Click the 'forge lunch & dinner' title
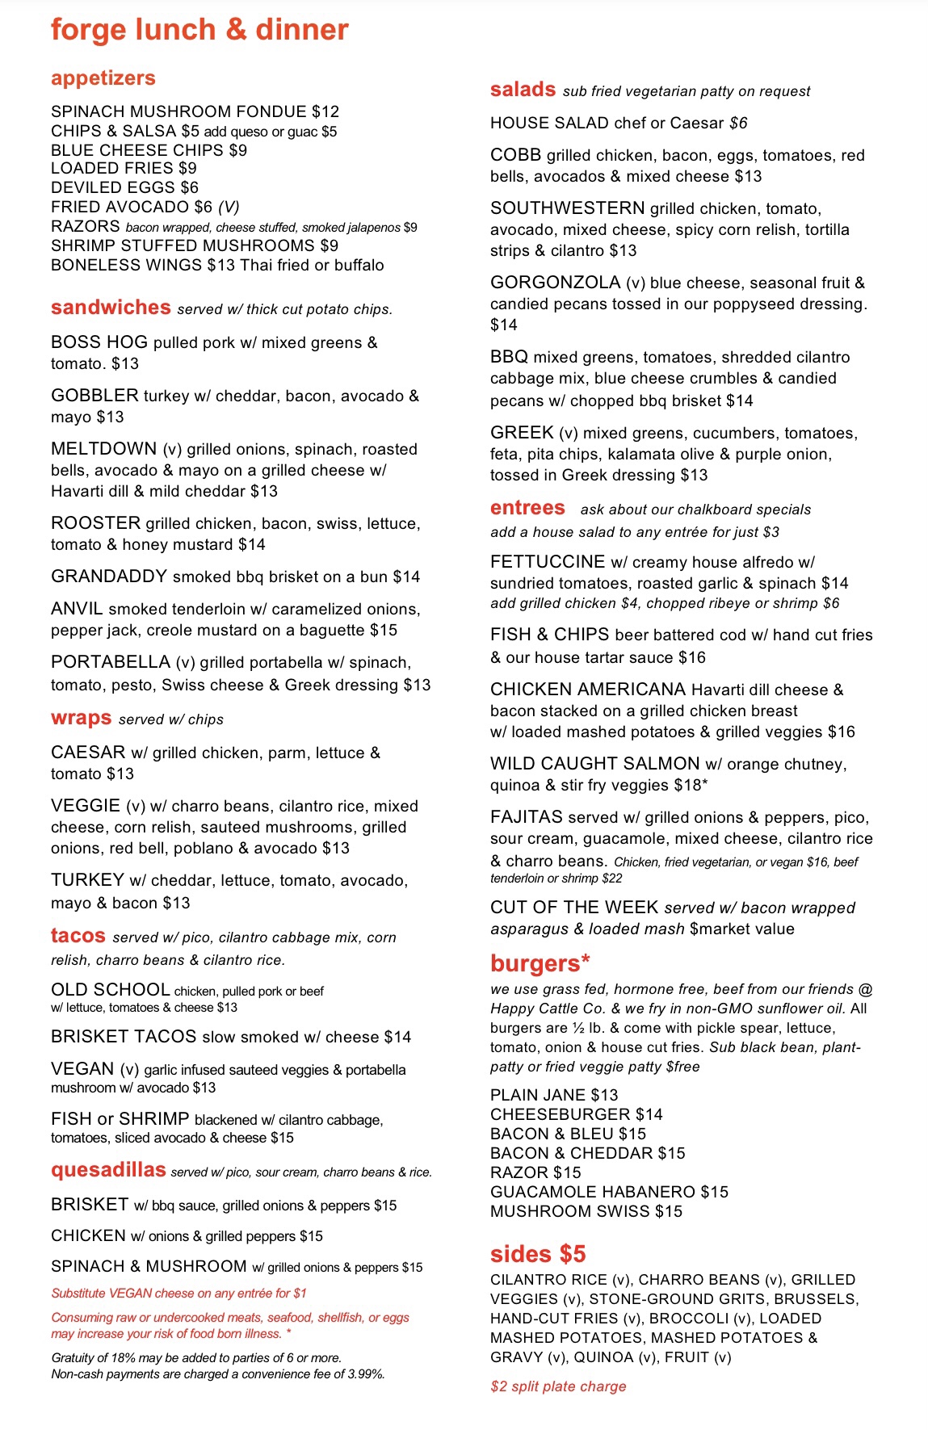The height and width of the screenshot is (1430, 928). coord(199,30)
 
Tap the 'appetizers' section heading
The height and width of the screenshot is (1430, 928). coord(103,78)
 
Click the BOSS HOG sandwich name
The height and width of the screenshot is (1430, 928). coord(99,342)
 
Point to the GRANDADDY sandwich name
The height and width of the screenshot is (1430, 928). coord(109,577)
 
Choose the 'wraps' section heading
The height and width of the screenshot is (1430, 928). coord(81,719)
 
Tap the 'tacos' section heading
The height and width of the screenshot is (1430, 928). coord(78,936)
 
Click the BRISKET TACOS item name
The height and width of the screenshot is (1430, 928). coord(124,1037)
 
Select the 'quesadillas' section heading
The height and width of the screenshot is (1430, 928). coord(108,1170)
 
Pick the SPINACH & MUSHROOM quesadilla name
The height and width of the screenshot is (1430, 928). coord(149,1266)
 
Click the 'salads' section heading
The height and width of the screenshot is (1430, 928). coord(523,90)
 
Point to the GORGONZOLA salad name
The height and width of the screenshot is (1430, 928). coord(556,283)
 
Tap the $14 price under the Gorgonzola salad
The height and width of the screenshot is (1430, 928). coord(504,325)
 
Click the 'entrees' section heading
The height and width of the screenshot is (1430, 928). coord(527,508)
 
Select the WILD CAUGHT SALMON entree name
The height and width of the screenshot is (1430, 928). coord(594,764)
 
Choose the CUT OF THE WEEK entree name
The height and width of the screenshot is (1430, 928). coord(574,908)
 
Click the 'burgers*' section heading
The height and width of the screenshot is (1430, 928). coord(540,963)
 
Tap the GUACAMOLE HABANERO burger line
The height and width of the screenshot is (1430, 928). coord(609,1192)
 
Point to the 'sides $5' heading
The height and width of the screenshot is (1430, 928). coord(538,1254)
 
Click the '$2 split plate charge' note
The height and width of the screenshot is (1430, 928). coord(558,1386)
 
